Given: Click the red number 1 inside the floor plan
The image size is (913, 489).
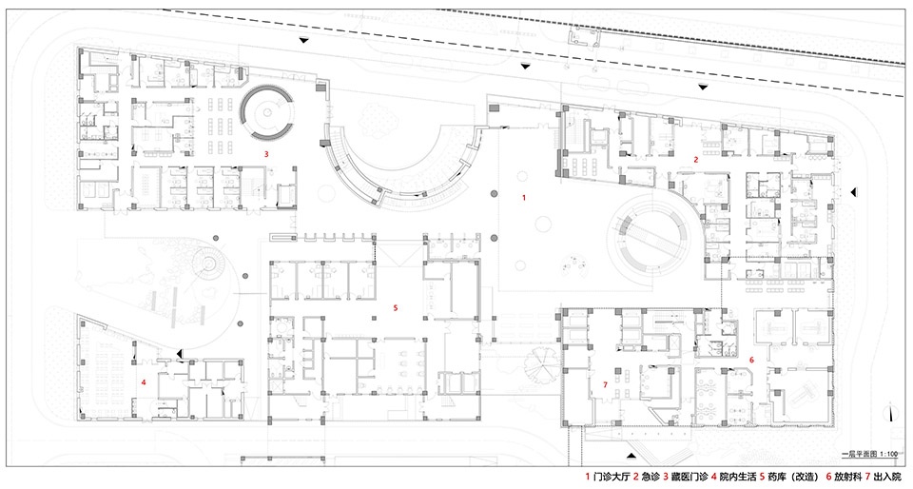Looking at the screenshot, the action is click(x=523, y=198).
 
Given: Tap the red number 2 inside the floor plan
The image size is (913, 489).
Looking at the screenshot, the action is click(x=695, y=159).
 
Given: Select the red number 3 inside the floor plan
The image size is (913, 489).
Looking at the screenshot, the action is click(x=266, y=154).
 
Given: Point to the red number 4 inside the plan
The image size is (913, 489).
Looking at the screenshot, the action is click(x=144, y=382).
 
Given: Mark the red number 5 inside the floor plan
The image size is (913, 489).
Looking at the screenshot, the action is click(x=396, y=306).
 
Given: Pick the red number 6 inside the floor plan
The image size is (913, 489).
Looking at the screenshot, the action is click(x=751, y=361).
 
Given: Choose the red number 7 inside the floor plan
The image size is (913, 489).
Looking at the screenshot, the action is click(x=606, y=384).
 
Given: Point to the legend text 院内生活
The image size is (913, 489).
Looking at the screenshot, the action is click(x=738, y=478).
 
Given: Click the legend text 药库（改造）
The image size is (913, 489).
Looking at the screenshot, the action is click(x=792, y=478).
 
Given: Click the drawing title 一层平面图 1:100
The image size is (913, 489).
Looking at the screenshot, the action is click(x=871, y=454).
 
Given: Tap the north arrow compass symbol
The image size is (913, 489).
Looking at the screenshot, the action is click(x=890, y=412).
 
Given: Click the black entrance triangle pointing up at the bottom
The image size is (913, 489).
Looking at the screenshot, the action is click(x=631, y=454).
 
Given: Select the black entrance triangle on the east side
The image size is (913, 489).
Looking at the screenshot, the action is click(x=854, y=191).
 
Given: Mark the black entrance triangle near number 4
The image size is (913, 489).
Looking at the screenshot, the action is click(x=181, y=353).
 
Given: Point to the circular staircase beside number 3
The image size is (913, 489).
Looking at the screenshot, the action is click(x=267, y=111).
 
